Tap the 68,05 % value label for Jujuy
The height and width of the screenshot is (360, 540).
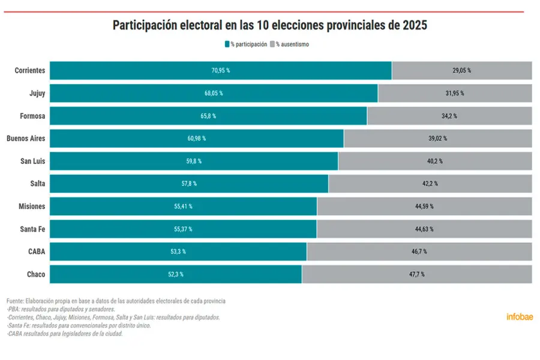pyautogui.click(x=213, y=93)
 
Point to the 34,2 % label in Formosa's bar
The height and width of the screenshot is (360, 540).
pyautogui.click(x=449, y=116)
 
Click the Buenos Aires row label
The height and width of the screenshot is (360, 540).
pyautogui.click(x=26, y=139)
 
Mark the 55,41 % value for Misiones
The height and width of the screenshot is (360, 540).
pyautogui.click(x=183, y=206)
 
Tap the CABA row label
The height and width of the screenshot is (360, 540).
pyautogui.click(x=37, y=251)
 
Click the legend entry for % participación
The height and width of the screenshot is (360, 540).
pyautogui.click(x=245, y=44)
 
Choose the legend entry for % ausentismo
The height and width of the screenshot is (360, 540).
pyautogui.click(x=290, y=44)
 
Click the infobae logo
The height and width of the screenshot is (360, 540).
pyautogui.click(x=520, y=317)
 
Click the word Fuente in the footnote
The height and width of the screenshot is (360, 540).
pyautogui.click(x=15, y=301)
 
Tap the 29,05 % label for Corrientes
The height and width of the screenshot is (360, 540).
pyautogui.click(x=461, y=70)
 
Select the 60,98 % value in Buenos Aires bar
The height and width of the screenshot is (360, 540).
pyautogui.click(x=196, y=139)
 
